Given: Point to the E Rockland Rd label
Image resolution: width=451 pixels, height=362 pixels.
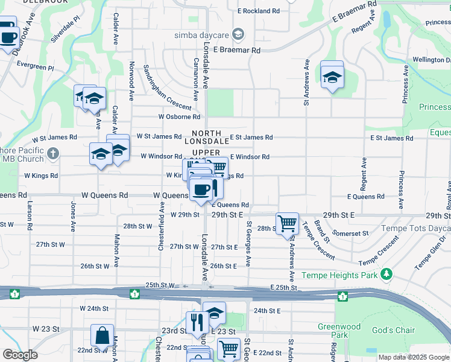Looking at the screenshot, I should pos(259,11).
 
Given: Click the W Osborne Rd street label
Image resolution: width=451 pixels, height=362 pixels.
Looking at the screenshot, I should pos(179,117).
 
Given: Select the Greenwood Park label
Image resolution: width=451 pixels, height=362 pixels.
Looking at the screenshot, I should pos(339,331).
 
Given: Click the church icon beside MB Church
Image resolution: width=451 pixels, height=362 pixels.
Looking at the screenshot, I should pos(52,154).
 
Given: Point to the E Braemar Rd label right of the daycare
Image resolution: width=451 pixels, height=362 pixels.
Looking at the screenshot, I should pos(236,51).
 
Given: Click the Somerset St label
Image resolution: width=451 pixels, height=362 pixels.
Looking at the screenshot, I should pos(351,233).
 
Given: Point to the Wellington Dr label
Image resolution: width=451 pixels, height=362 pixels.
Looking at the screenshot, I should pos(431,60).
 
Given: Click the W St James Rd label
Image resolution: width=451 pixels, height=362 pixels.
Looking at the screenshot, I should pos(159,137).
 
